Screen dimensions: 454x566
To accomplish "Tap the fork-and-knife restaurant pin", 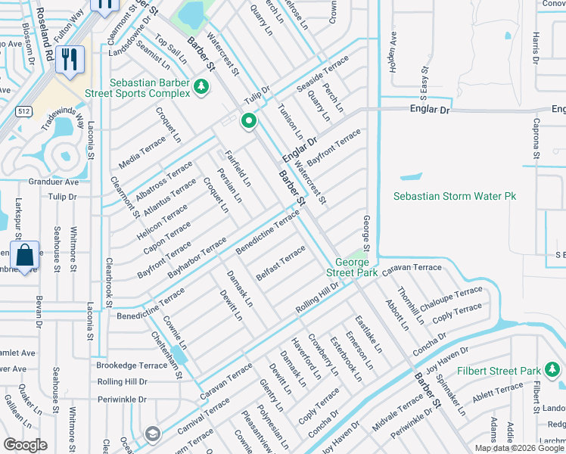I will click(x=70, y=58).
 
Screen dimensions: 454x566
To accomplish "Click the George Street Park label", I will click(x=352, y=267).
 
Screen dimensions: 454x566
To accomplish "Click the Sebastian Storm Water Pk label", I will click(x=454, y=196).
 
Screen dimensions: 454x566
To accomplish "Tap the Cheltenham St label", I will click(x=166, y=354).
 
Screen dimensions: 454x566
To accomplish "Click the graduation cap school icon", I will click(x=152, y=434).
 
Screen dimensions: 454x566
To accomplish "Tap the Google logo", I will click(x=25, y=445).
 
